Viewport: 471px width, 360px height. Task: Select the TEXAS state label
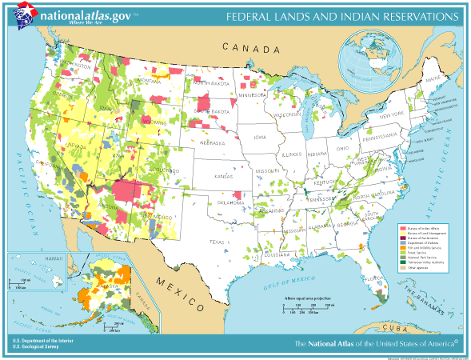pos(218,242)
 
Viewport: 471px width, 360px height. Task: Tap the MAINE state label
pos(433,80)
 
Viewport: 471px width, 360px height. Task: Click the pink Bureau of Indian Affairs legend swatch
pos(403,230)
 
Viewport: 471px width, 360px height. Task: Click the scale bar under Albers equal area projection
pos(305,307)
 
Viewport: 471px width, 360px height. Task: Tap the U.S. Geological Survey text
pos(35,347)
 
